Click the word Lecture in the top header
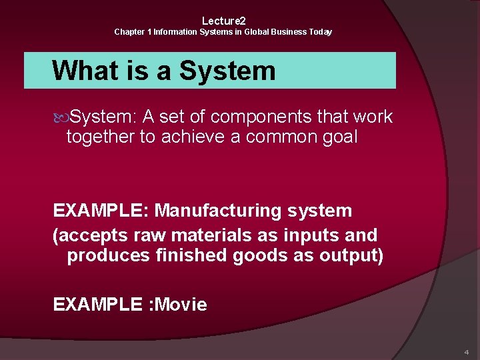221,21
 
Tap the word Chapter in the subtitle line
128,32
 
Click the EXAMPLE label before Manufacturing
101,211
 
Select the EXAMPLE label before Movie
97,305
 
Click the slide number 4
466,351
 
